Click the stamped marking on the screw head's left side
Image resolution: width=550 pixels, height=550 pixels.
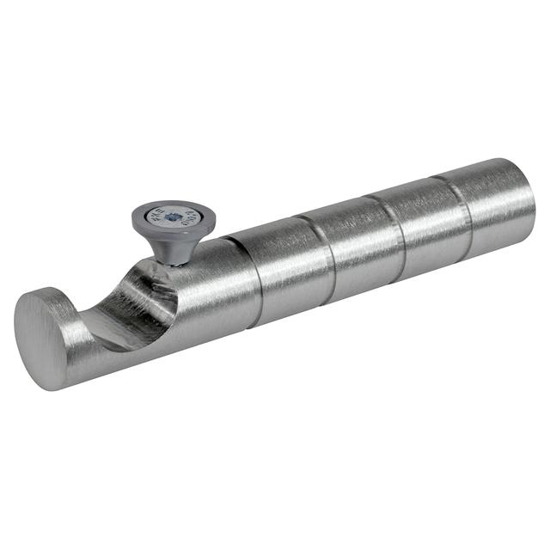(x=157, y=217)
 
